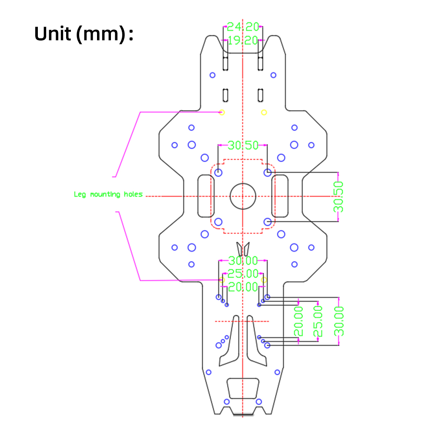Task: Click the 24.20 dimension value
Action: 243,27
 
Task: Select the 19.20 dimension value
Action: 243,40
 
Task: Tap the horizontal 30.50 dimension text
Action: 243,145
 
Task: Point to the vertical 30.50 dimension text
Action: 339,197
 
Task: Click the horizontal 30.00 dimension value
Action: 243,261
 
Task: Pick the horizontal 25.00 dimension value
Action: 243,274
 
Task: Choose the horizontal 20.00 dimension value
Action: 243,287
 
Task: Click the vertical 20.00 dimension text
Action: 299,321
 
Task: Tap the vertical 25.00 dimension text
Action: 318,321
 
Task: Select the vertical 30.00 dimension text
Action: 339,321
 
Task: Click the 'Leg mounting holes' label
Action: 108,194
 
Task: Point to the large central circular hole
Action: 243,196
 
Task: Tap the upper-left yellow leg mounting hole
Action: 222,113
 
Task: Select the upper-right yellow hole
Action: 264,113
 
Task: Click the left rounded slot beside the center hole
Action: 205,196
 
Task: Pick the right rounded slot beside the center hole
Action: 280,196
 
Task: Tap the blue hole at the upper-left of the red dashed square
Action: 218,173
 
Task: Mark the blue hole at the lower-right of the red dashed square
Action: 268,222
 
